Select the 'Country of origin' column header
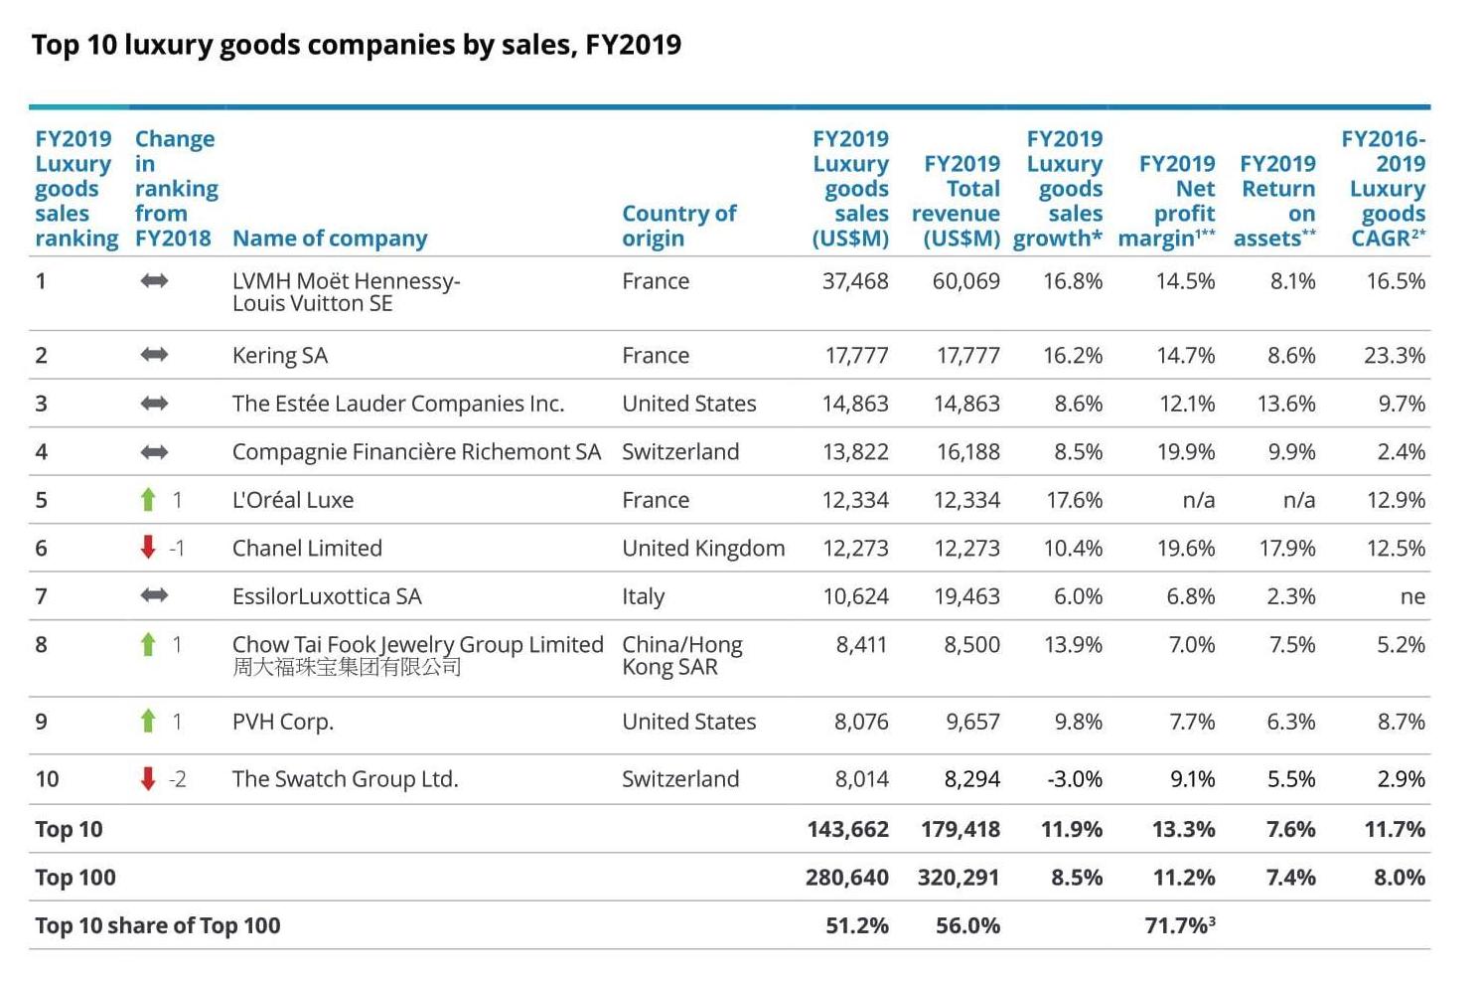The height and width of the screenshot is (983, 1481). click(679, 226)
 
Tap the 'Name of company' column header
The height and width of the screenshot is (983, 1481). click(330, 239)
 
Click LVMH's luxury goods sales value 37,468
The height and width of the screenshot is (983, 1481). click(855, 281)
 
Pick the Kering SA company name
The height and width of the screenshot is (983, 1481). click(280, 356)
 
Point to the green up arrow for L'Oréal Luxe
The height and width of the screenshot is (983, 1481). click(148, 499)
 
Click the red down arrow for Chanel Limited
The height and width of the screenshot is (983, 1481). click(148, 547)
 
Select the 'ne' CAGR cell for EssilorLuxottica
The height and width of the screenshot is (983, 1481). click(1411, 596)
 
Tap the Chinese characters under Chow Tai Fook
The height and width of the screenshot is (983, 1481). click(347, 667)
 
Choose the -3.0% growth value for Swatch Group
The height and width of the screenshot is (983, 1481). click(1075, 779)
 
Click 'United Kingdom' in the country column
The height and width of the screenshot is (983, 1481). click(703, 549)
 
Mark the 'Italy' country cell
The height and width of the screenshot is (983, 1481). click(644, 596)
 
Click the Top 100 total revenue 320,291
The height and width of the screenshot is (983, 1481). click(960, 878)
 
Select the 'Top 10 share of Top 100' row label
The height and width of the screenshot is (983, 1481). click(158, 926)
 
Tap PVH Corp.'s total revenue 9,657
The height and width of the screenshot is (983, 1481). click(972, 722)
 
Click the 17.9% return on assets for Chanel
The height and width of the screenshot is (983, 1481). click(1286, 549)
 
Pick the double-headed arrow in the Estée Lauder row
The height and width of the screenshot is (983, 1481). click(154, 404)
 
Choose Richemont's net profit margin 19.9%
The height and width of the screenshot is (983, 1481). click(1186, 452)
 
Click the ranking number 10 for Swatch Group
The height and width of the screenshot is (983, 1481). click(47, 779)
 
